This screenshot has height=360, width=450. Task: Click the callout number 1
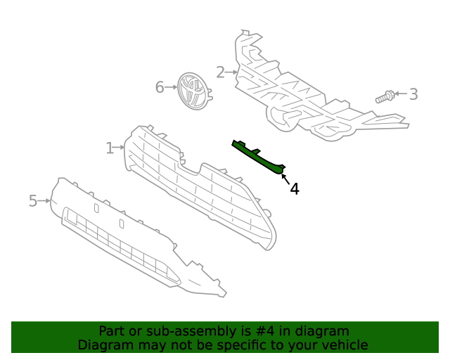click(x=110, y=148)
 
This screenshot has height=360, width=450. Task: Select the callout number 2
click(x=220, y=72)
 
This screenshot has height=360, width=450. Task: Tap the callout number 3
click(x=413, y=94)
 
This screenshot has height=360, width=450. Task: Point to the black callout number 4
click(x=295, y=188)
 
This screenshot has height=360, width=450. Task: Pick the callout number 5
click(x=32, y=201)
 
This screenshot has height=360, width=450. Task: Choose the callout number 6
click(x=160, y=87)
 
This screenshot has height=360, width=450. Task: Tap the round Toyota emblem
click(x=193, y=91)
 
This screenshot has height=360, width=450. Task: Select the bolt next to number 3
click(x=384, y=96)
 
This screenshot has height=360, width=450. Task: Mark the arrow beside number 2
click(x=231, y=72)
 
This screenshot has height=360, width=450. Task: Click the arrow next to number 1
click(x=120, y=148)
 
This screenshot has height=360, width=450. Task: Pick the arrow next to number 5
click(x=44, y=201)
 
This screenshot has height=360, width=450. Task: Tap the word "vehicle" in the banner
click(x=344, y=345)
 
